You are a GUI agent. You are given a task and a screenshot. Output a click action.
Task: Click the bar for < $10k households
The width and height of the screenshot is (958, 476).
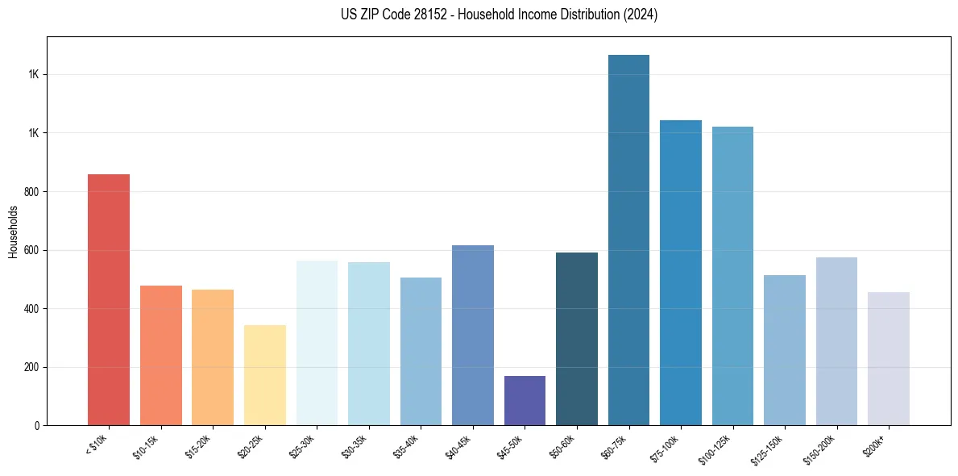[109, 299]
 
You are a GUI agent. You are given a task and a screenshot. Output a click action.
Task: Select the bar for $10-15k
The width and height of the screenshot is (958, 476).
[160, 355]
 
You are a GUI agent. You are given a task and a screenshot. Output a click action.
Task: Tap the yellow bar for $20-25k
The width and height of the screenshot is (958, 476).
[264, 375]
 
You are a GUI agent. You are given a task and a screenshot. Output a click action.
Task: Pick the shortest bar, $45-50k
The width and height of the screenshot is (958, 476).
[525, 401]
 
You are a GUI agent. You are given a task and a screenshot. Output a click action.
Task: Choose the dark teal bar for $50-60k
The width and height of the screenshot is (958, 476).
[577, 339]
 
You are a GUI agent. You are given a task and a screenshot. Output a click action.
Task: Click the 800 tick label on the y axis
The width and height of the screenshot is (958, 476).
[31, 192]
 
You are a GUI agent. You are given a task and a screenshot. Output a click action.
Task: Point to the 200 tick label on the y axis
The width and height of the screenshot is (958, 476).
[31, 367]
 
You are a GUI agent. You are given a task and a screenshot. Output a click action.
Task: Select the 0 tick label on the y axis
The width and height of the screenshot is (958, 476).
[36, 426]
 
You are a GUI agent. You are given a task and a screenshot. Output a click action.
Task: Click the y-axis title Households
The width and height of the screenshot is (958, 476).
[13, 232]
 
